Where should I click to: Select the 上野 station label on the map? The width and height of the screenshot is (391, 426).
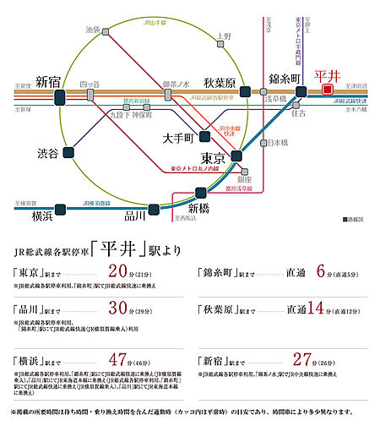click(223, 37)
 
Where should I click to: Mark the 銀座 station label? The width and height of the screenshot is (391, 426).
click(244, 179)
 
